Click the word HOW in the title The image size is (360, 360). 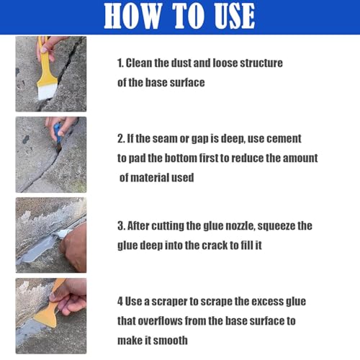tap(132, 16)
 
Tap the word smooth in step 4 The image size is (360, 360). tap(170, 341)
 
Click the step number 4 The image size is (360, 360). tap(120, 302)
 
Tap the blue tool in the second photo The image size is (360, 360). tap(58, 132)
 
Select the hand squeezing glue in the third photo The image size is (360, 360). tap(74, 246)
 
